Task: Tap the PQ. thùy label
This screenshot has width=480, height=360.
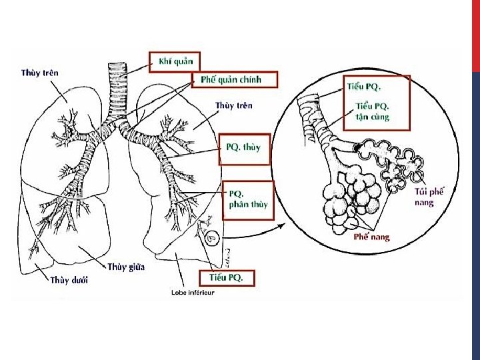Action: point(243,147)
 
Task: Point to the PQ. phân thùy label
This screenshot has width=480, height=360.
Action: point(248,199)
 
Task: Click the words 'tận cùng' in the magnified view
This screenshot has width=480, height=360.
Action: point(373,117)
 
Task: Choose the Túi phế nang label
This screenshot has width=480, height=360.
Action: point(429,197)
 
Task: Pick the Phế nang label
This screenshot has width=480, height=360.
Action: point(371,237)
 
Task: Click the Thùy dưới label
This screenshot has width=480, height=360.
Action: point(69,280)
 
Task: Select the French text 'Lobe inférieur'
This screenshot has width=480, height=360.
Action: point(193,293)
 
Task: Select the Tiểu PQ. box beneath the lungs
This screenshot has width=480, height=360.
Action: point(226,277)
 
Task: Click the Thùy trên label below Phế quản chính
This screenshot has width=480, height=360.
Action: point(233,105)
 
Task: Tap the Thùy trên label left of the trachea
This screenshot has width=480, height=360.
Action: point(39,73)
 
